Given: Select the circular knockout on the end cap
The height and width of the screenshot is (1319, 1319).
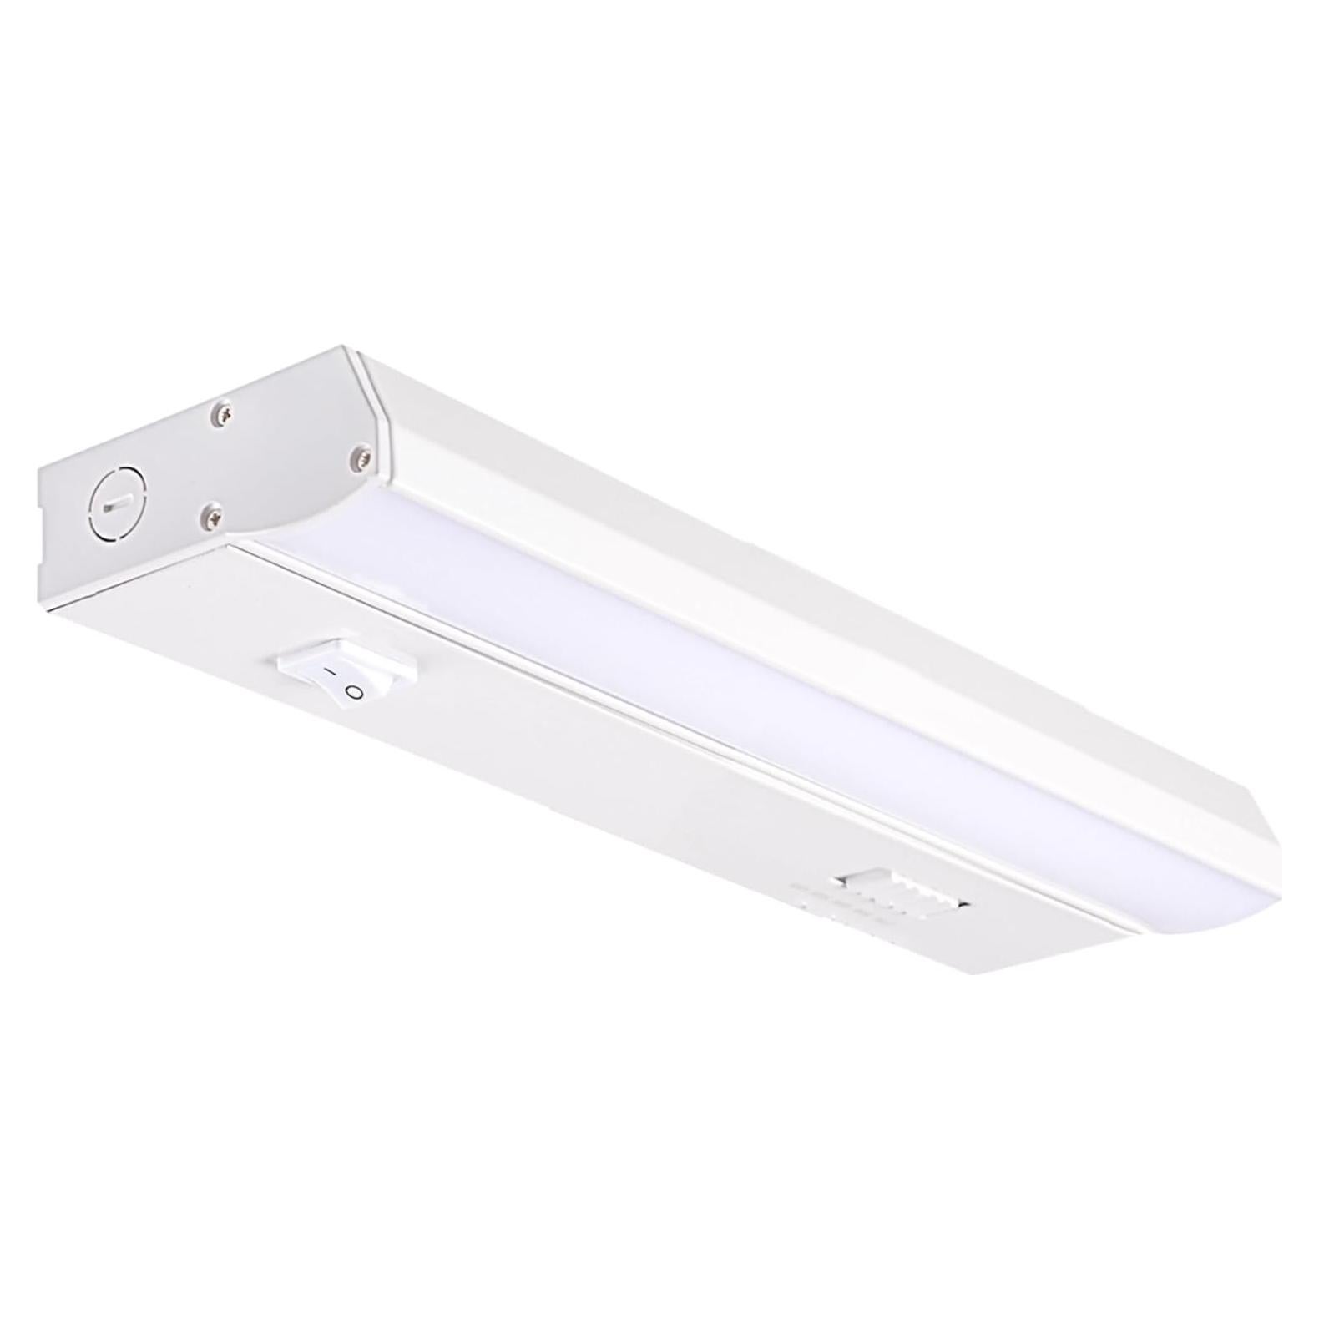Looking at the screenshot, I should tap(117, 503).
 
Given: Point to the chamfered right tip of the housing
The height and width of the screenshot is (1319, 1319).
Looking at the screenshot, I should tap(1277, 835).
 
